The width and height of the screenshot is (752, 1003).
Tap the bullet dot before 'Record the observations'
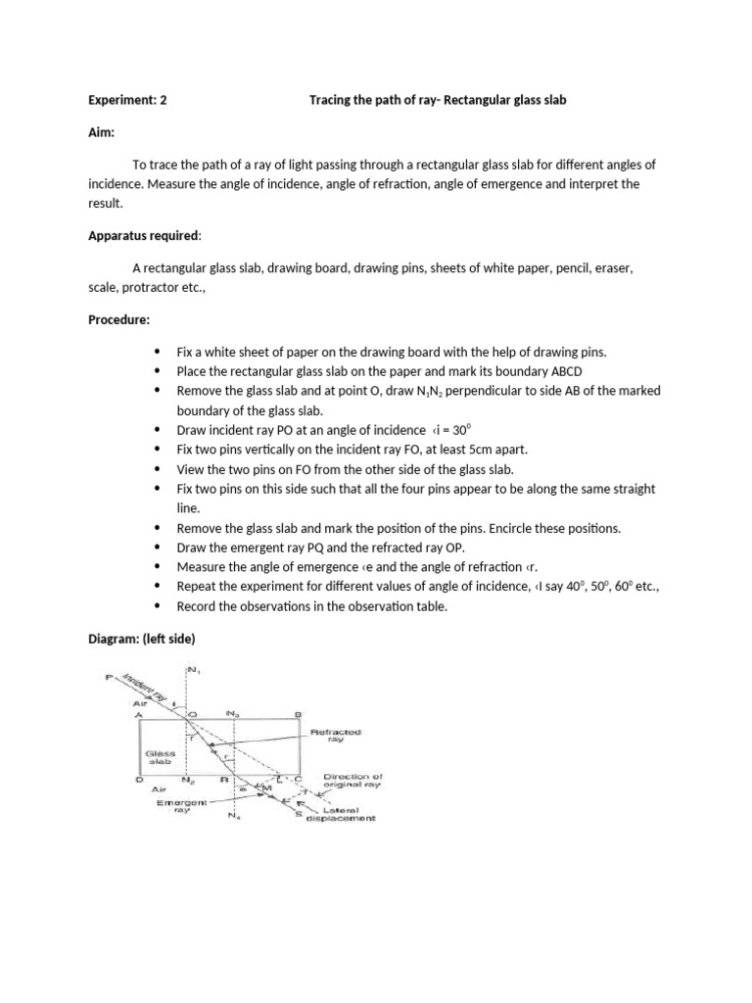point(157,607)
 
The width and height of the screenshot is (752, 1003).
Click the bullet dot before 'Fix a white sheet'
point(157,352)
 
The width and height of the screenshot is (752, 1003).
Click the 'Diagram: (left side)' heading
point(142,640)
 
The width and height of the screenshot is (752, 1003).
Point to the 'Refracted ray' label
point(336,736)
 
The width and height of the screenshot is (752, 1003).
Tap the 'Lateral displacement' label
point(339,814)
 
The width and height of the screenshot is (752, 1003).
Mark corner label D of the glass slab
point(139,780)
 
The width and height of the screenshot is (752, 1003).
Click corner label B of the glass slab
point(298,714)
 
